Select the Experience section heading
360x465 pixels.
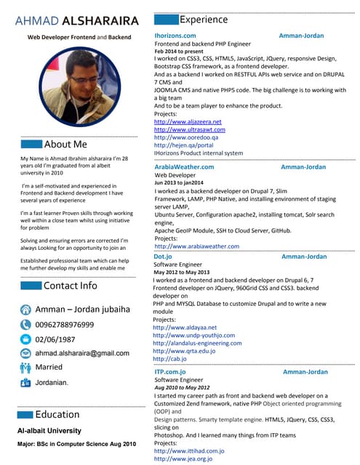tap(203, 20)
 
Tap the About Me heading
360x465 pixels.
tap(65, 144)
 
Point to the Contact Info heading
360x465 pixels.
tap(70, 286)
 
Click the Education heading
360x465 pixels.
tap(57, 414)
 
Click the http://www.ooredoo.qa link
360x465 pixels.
tap(186, 137)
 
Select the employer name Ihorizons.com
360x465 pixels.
tap(175, 35)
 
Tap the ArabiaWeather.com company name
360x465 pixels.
tap(184, 167)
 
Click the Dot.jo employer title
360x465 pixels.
tap(163, 256)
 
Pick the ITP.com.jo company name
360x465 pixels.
tap(170, 372)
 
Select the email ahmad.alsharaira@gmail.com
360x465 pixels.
tap(82, 352)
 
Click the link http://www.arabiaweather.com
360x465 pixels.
tap(196, 246)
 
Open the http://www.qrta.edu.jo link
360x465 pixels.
tap(184, 351)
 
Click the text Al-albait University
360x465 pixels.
tap(49, 430)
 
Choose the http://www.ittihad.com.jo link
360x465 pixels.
tap(189, 450)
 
